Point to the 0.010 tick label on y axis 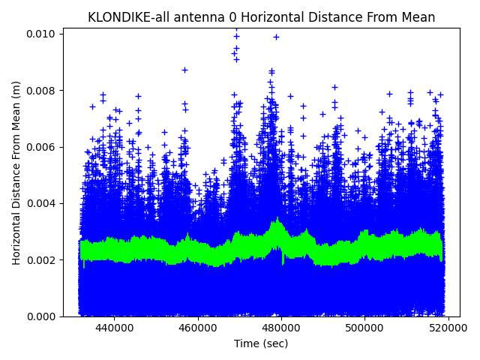coord(43,34)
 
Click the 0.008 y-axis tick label coord(43,91)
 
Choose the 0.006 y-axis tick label coord(43,147)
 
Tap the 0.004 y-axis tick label coord(43,203)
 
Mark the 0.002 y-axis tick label coord(43,260)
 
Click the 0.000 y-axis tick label coord(43,316)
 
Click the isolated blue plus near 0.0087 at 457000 coord(184,70)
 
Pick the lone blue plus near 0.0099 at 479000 coord(276,37)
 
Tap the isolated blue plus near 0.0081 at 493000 coord(334,87)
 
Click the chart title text coord(261,17)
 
